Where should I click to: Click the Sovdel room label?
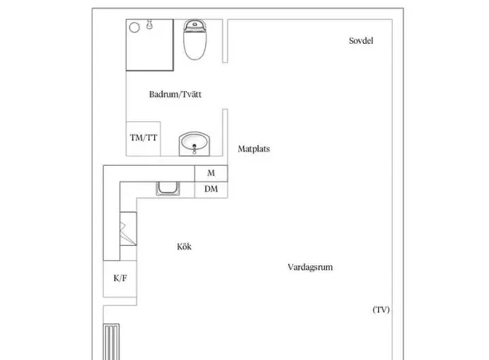coord(361,41)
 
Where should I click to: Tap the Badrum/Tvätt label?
coord(175,94)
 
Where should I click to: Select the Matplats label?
coord(253,149)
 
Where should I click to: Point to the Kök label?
coord(185,247)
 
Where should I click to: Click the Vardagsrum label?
coord(310,267)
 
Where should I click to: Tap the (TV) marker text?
coord(381,309)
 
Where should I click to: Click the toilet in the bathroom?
coord(195,40)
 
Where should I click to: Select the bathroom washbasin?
coord(194,143)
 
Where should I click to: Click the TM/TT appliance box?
coord(143,139)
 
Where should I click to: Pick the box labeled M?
coord(211,174)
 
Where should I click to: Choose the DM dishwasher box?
coord(211,189)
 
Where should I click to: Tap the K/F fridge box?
coord(120,279)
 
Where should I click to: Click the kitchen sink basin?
coord(167,189)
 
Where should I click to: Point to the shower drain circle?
coord(135,27)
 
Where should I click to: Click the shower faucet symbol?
coord(149,24)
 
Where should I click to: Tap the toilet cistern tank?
coord(195,24)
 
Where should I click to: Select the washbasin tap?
coord(194,149)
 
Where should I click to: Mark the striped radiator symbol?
coord(111,342)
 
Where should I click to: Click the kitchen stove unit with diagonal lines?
coord(128,229)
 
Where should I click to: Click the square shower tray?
coord(149,45)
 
